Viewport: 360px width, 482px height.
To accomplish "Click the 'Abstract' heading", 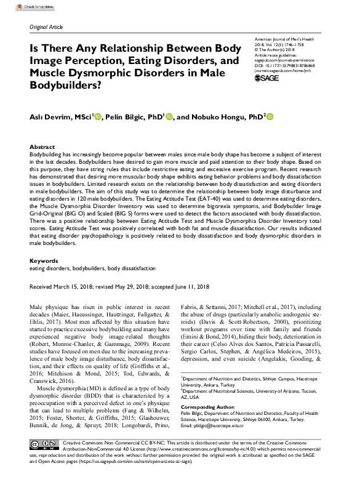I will tap(42, 147).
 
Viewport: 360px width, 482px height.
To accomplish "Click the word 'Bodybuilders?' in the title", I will tap(64, 86).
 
